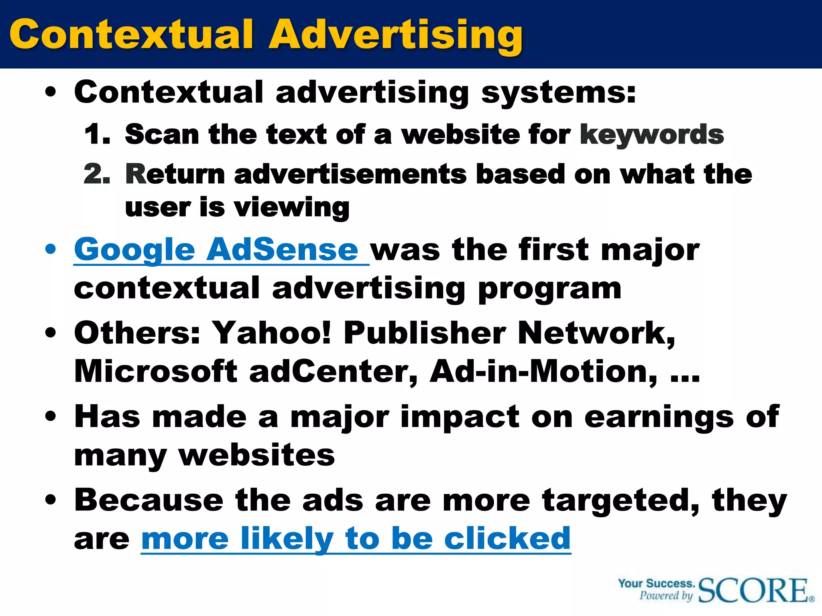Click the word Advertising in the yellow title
click(x=395, y=35)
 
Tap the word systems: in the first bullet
click(x=558, y=93)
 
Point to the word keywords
click(x=652, y=134)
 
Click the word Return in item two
click(x=175, y=174)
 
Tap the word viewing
click(x=291, y=208)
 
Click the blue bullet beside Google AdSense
click(x=51, y=249)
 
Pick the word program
click(x=550, y=289)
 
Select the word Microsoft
click(x=156, y=371)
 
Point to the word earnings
click(x=659, y=417)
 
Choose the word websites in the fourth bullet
click(x=256, y=456)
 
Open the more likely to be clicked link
click(x=356, y=539)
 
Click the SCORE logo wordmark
click(x=754, y=590)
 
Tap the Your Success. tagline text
click(x=656, y=584)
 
